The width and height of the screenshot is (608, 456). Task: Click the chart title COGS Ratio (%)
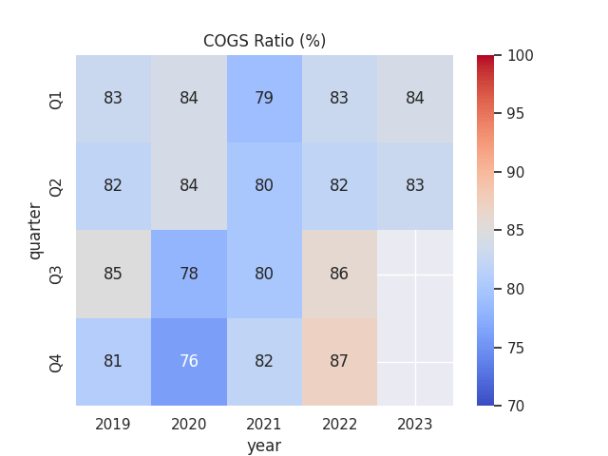(264, 41)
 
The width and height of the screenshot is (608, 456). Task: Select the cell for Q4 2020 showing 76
(189, 361)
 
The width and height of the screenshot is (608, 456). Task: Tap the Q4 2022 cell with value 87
(339, 361)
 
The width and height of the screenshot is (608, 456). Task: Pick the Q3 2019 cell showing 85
(113, 274)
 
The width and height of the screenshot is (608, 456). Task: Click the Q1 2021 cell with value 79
(264, 98)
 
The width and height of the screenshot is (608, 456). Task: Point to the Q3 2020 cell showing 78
(189, 274)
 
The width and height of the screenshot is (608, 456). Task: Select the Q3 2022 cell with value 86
(339, 274)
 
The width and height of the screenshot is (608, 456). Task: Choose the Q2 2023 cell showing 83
(415, 185)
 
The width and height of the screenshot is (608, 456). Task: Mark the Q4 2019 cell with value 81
(113, 361)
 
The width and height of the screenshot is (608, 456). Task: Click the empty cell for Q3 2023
(415, 274)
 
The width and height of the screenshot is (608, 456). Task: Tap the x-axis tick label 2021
(264, 424)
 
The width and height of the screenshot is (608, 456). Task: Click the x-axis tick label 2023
(415, 424)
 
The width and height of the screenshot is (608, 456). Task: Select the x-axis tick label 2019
(113, 424)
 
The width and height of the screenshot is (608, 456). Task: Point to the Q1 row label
(57, 99)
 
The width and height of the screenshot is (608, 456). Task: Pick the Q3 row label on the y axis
(57, 274)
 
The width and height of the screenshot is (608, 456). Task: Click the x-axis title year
(264, 445)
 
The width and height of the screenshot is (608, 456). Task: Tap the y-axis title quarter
(35, 230)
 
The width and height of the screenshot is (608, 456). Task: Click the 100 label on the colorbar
(520, 56)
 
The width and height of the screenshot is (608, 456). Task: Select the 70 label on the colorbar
(516, 406)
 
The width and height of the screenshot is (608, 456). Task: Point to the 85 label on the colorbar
(516, 231)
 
